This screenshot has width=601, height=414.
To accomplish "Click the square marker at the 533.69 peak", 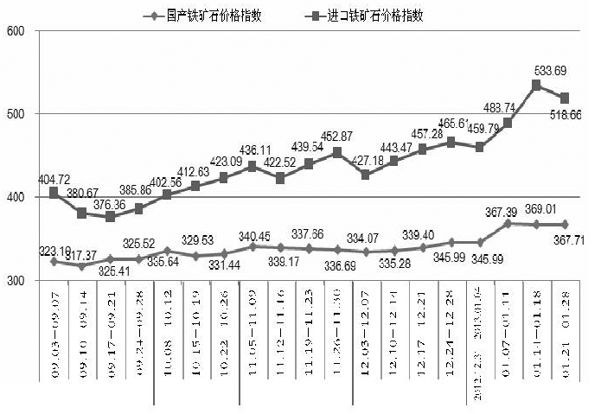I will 536,85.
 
